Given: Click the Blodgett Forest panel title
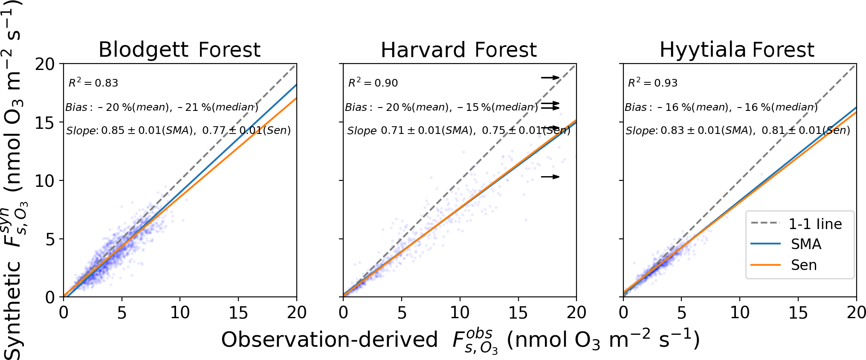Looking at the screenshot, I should [179, 50].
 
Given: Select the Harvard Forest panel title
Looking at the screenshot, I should [458, 50].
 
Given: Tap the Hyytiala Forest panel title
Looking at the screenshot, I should [737, 50].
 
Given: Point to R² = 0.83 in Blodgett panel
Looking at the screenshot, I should [93, 83].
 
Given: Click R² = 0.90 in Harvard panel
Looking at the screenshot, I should [373, 83].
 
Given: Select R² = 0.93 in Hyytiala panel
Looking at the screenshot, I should [653, 83].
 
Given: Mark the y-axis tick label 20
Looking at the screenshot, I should [45, 64].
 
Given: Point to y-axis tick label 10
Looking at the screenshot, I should [45, 181].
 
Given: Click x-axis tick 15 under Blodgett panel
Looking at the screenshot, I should [238, 313].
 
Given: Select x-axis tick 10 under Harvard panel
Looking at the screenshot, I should [460, 313].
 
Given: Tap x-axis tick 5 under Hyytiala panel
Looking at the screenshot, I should [681, 313].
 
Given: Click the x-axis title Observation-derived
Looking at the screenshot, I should [329, 340].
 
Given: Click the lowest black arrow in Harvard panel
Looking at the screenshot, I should [550, 177].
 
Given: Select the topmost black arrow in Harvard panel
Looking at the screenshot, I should [550, 77].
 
